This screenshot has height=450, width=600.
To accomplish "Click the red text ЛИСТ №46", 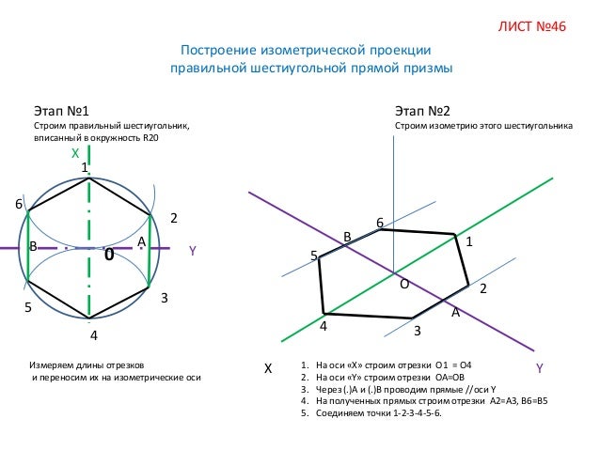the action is [x=531, y=25].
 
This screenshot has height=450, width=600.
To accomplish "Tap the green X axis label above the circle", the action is [x=75, y=152].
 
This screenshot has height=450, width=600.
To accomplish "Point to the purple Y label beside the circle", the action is [x=192, y=251].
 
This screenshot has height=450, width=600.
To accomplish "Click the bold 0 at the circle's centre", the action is [x=109, y=255].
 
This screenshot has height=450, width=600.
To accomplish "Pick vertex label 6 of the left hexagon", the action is [x=17, y=205].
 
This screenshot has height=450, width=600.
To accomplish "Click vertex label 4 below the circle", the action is [x=93, y=335].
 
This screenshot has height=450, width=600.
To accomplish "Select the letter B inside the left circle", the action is [x=34, y=245].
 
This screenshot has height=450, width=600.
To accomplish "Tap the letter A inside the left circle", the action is [x=141, y=242].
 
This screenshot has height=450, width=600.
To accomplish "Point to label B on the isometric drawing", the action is [x=346, y=238].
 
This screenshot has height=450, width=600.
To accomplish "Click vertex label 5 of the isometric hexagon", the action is [x=314, y=256].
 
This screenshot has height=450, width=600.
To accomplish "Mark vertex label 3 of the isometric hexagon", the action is [x=417, y=331].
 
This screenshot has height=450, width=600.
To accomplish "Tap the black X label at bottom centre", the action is [x=267, y=369].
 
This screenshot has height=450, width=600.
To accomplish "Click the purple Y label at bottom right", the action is [x=540, y=368].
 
